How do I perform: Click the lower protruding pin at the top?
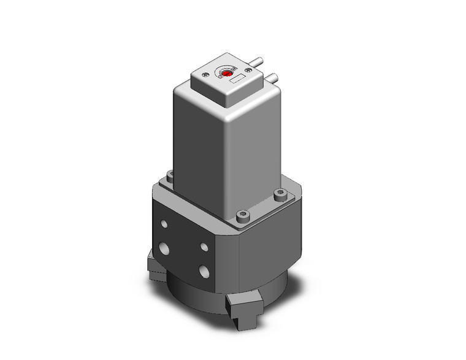tap(274, 78)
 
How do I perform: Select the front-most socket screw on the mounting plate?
tap(243, 216)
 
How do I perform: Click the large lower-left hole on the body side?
tap(165, 248)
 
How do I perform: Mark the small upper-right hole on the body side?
tap(204, 247)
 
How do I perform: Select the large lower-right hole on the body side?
tap(204, 270)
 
